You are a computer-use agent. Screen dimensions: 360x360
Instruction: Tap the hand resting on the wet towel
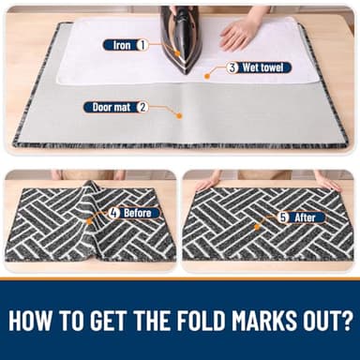(236, 35)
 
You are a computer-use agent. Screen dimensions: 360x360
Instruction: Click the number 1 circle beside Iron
(142, 45)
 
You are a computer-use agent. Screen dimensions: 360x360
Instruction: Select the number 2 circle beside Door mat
(142, 108)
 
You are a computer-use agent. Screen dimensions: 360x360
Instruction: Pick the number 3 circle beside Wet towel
(232, 67)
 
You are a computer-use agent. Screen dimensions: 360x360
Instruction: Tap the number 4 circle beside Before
(114, 214)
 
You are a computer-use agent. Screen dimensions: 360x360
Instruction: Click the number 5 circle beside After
(283, 217)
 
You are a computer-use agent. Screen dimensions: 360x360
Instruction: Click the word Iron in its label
(122, 45)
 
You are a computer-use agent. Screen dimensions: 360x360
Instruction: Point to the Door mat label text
(112, 108)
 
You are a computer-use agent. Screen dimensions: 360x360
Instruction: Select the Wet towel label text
(262, 67)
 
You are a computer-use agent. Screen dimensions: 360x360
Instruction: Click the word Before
(138, 214)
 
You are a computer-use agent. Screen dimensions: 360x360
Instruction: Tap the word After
(305, 217)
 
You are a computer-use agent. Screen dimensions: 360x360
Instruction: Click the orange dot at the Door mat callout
(179, 116)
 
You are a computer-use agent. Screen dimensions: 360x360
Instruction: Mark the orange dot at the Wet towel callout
(206, 76)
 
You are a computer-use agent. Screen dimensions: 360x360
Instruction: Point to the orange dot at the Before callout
(89, 221)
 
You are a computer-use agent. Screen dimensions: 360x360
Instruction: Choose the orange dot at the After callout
(257, 227)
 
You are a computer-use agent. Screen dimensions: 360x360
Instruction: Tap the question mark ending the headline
(344, 321)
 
